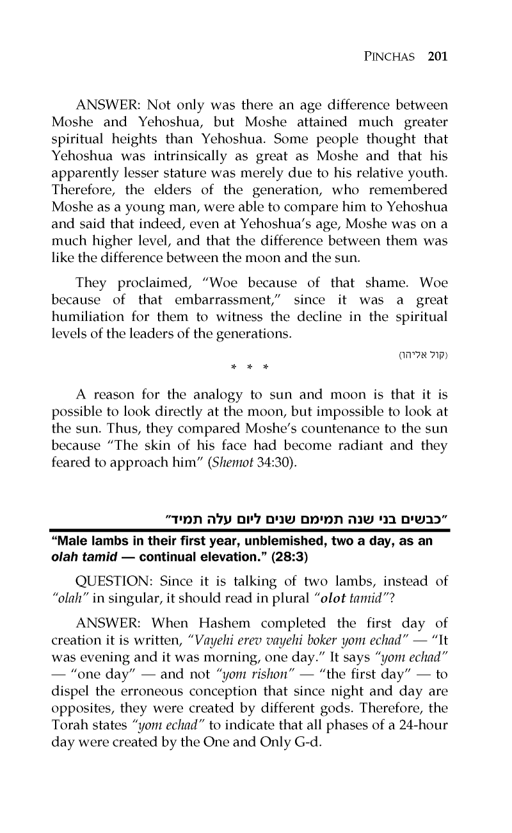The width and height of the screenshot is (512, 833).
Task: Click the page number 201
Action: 436,56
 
